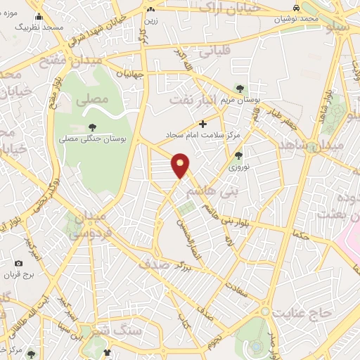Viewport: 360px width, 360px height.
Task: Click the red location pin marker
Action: point(181,165)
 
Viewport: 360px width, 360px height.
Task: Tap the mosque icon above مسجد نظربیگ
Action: point(39,16)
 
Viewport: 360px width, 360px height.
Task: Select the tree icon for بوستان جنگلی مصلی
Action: point(92,127)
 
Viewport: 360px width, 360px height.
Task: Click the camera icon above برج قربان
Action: point(18,264)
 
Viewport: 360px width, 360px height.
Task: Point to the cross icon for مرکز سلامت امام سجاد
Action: point(203,124)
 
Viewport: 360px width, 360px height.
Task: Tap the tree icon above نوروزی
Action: point(238,156)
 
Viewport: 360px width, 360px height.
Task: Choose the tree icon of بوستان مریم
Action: point(241,89)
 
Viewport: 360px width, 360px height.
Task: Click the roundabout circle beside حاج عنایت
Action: point(265,310)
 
